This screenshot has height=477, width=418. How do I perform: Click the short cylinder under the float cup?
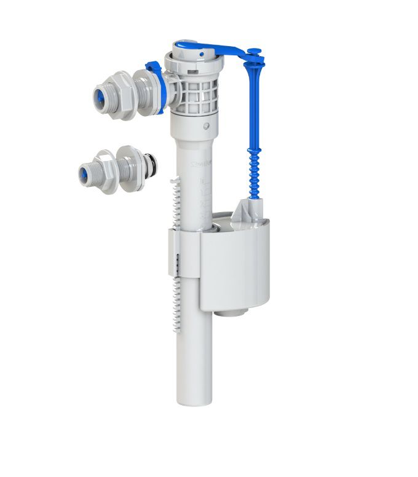232,312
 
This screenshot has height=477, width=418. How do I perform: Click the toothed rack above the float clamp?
175,203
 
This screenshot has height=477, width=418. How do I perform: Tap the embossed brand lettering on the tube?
202,164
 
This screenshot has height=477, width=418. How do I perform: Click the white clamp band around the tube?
184,252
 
